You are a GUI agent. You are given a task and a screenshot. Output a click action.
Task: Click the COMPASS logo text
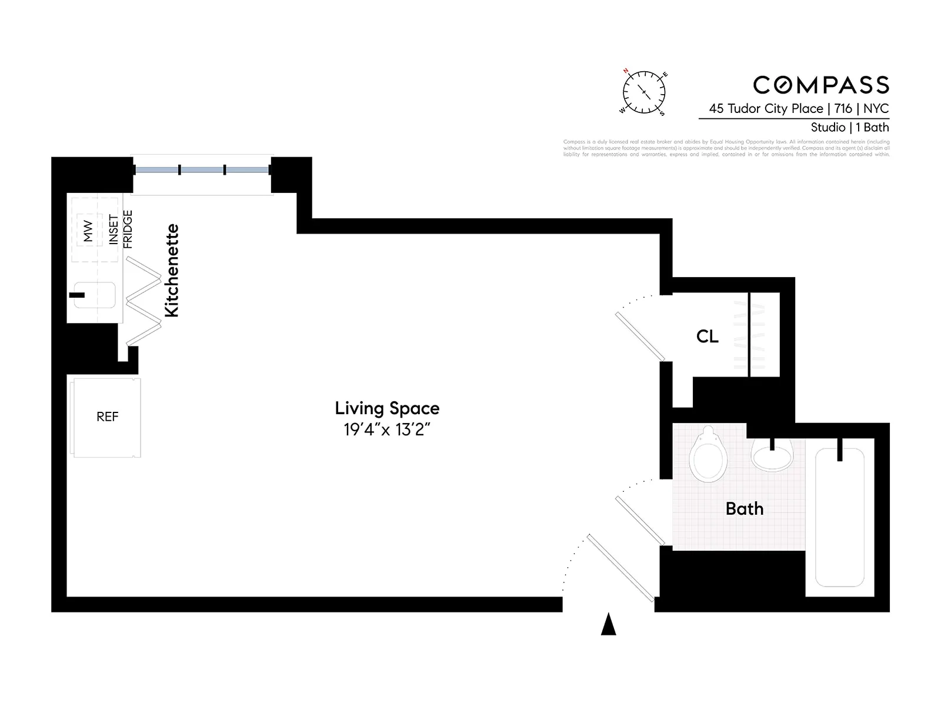[x=821, y=85]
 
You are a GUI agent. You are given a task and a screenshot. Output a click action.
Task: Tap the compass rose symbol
[x=644, y=92]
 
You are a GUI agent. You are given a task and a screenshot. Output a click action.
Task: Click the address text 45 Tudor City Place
[x=766, y=108]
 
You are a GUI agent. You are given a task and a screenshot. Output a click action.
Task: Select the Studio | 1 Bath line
[x=849, y=127]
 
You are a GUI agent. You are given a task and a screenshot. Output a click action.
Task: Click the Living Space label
[x=387, y=408]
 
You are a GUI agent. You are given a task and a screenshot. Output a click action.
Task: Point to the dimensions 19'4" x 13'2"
[x=387, y=429]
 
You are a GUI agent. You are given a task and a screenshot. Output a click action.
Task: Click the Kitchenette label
[x=171, y=271]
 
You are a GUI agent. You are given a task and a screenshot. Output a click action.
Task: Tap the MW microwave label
[x=88, y=231]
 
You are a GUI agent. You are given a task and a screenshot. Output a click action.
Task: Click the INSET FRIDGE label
[x=121, y=229]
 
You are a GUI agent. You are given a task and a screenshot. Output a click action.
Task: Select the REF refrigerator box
[x=107, y=417]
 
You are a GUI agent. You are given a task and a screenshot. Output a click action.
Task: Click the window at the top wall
[x=202, y=170]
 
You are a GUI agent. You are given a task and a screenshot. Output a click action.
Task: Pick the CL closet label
[x=707, y=337]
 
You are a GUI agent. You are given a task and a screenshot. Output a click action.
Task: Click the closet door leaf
[x=640, y=337]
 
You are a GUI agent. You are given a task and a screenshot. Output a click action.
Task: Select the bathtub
[x=839, y=518]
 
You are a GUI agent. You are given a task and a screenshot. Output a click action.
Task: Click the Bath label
[x=745, y=509]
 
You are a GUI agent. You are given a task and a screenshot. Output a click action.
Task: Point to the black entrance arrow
[x=608, y=625]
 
